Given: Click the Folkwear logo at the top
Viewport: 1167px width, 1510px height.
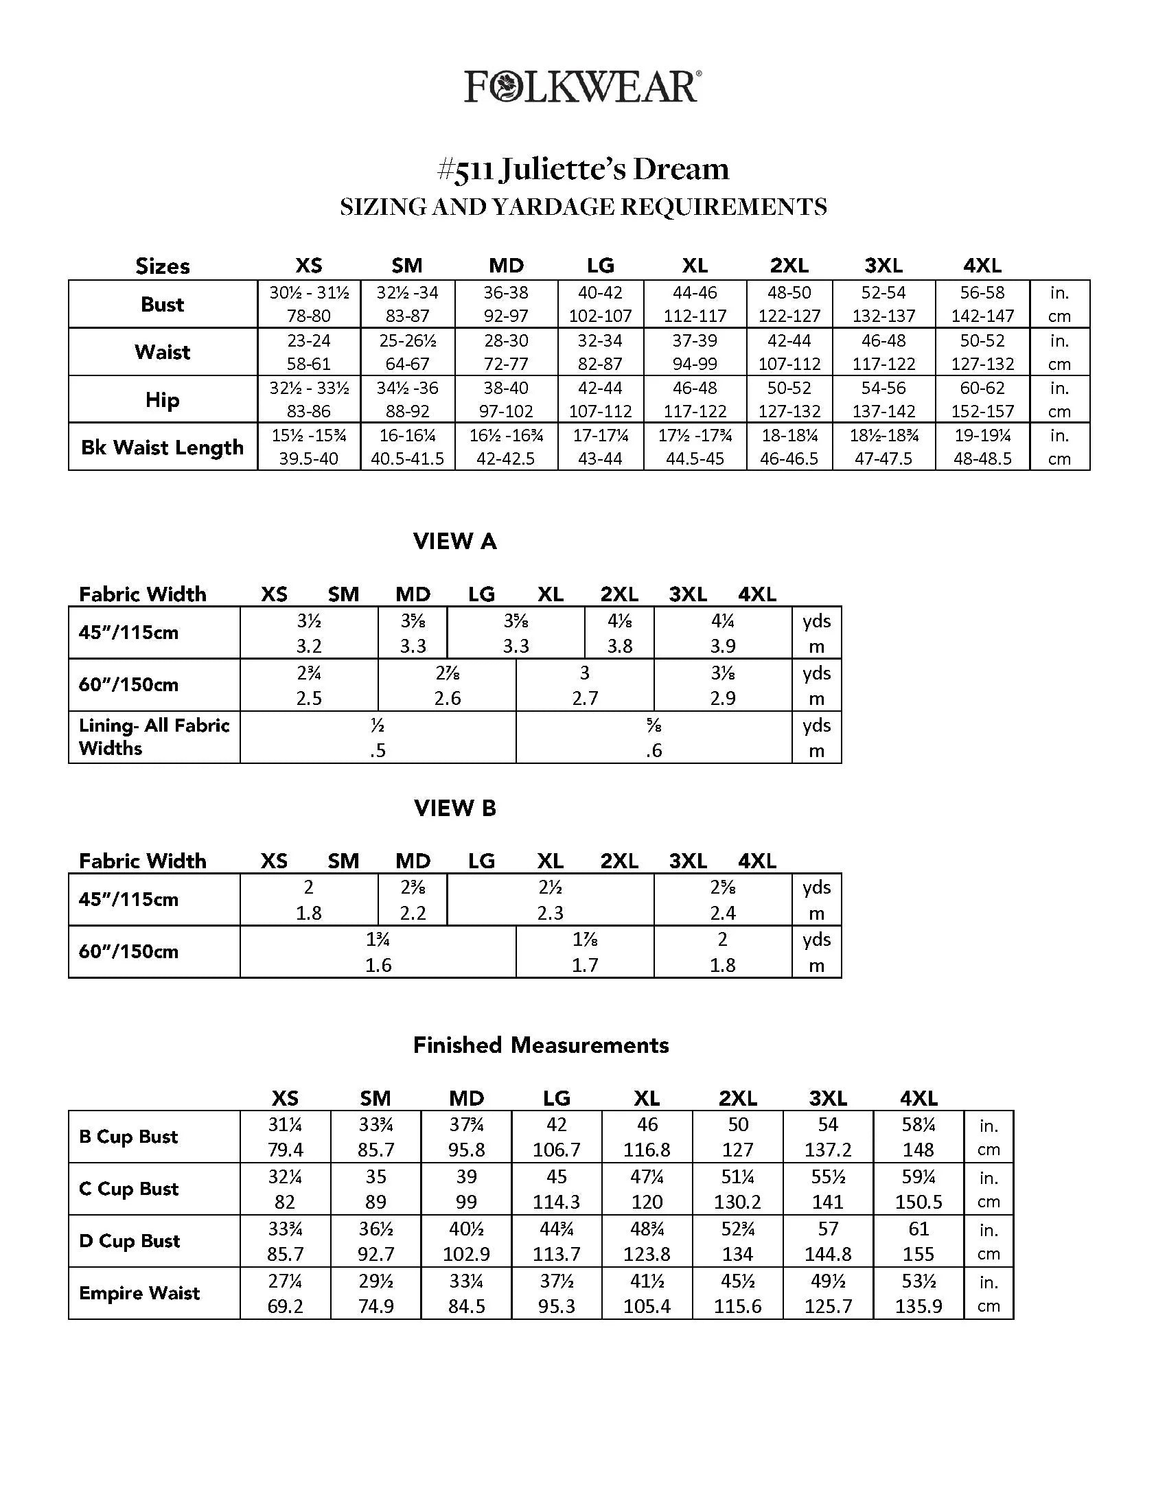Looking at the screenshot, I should (x=583, y=87).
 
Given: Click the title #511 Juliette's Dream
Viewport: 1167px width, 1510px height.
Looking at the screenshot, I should (x=583, y=170).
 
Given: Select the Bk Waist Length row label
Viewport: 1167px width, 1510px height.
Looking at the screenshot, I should (x=163, y=448).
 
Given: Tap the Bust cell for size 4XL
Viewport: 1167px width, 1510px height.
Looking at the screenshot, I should (x=982, y=304).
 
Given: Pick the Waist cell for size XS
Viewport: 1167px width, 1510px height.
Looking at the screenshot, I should (x=308, y=352).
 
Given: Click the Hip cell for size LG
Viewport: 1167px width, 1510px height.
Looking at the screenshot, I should (x=600, y=399).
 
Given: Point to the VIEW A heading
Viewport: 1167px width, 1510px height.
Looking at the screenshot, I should (x=455, y=542).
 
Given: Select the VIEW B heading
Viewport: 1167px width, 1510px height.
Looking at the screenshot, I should (x=455, y=809).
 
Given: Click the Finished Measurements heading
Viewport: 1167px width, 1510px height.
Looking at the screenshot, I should (x=541, y=1045).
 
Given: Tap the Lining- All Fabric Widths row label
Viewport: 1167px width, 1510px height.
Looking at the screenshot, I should (x=154, y=737).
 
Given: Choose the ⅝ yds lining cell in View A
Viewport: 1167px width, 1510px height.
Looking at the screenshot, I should (x=654, y=737).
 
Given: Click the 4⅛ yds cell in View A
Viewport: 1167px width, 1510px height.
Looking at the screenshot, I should (x=619, y=633).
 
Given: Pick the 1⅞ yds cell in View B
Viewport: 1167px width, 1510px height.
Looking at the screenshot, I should (x=585, y=951).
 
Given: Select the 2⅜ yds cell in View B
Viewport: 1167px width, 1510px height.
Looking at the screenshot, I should (x=413, y=900).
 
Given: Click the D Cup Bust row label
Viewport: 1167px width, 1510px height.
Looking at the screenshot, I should (x=129, y=1241).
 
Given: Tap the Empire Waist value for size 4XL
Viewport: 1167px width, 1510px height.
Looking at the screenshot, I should (x=918, y=1294).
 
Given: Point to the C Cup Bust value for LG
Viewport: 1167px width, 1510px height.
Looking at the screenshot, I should (x=556, y=1189).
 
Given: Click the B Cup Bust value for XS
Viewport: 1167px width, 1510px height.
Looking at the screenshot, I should (x=285, y=1137).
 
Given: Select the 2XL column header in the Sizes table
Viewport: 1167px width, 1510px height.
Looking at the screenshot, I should (x=789, y=266).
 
